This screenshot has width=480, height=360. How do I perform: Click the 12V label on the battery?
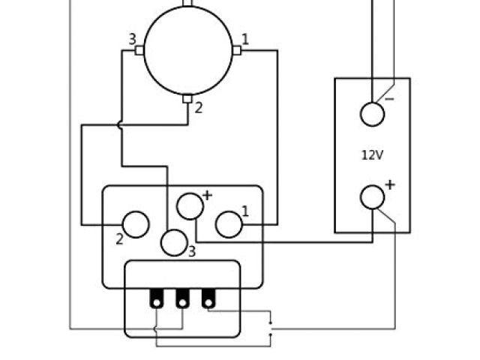click(372, 155)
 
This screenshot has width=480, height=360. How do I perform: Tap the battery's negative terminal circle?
click(373, 114)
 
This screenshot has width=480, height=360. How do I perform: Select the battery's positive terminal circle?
click(373, 196)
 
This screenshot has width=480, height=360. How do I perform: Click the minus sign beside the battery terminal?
click(390, 98)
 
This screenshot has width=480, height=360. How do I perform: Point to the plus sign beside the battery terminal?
click(390, 184)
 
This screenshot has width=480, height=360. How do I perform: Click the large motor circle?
click(187, 51)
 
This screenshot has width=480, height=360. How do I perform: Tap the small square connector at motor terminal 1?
click(236, 50)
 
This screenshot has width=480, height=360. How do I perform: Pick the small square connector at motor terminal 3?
click(139, 50)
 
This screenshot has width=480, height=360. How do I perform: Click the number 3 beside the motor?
click(131, 39)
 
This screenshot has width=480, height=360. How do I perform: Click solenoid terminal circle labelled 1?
click(229, 223)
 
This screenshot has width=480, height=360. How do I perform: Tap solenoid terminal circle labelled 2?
click(136, 224)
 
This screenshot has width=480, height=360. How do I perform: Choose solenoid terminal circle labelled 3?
click(174, 243)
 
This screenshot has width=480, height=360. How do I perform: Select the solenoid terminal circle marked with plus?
click(189, 205)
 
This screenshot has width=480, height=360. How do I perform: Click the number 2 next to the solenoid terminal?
click(119, 239)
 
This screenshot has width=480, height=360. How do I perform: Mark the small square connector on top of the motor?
click(187, 2)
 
